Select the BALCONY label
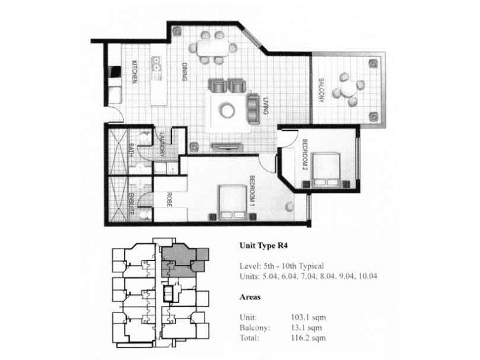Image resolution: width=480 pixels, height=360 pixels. pos(321,91)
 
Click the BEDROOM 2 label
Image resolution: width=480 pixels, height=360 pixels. pos(305,155)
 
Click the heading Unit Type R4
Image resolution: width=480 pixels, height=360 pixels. pos(260,245)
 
